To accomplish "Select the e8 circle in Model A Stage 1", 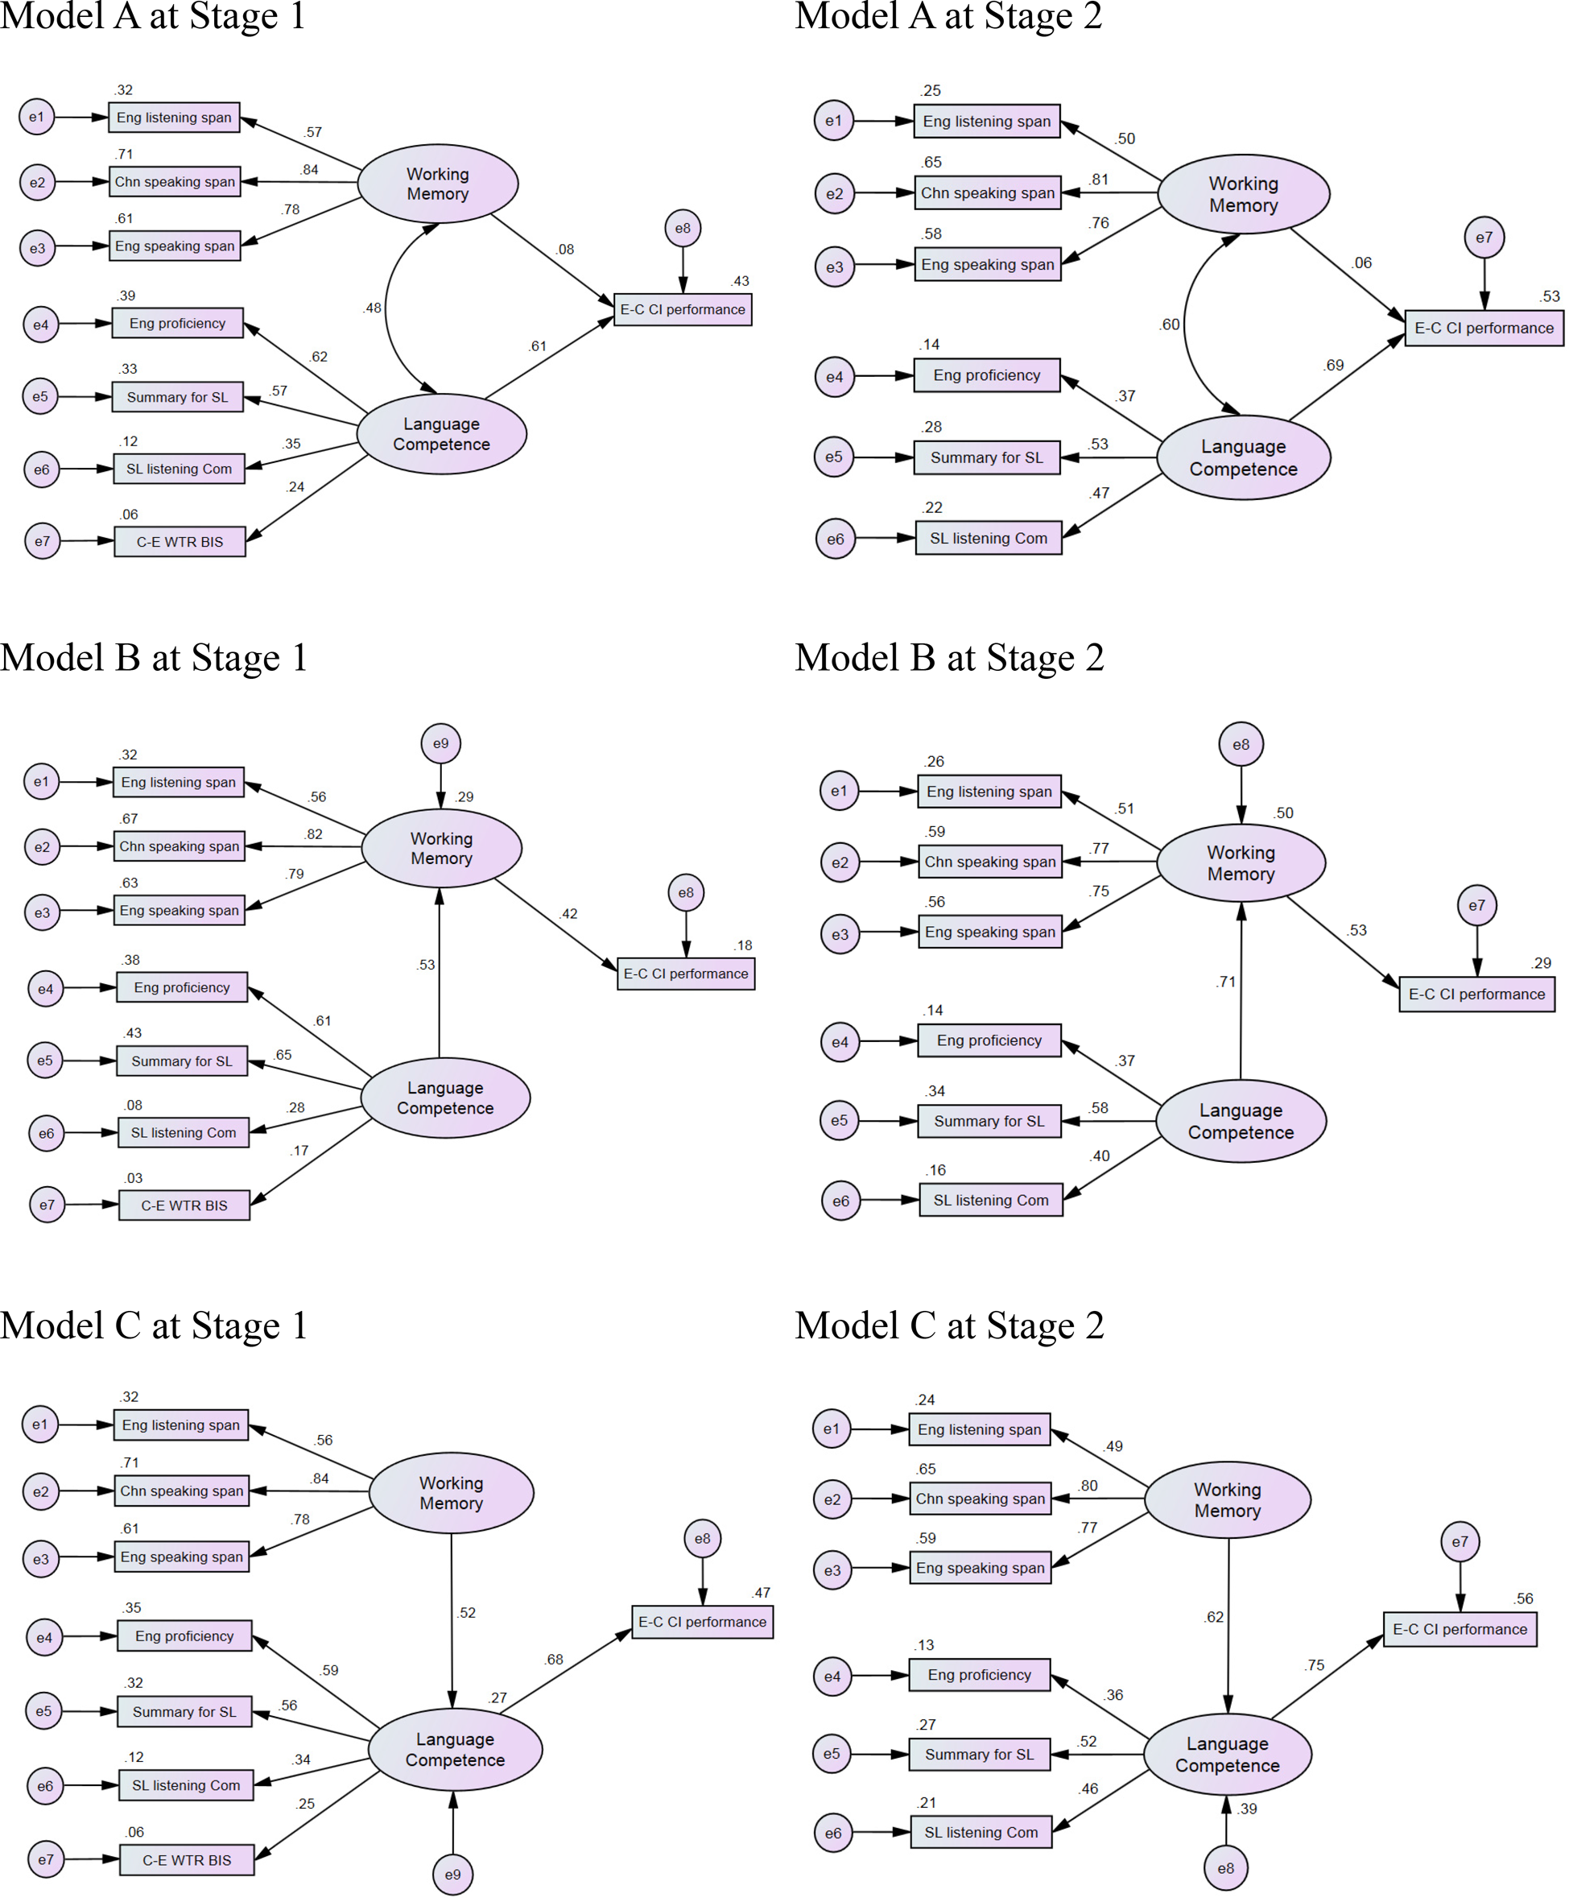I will [x=683, y=229].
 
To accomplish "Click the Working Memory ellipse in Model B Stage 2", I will [x=1240, y=863].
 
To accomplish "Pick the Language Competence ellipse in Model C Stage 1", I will [x=455, y=1749].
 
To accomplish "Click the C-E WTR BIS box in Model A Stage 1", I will [x=180, y=541].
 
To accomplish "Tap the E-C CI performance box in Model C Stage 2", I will [x=1459, y=1629].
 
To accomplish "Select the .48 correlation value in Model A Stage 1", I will [x=373, y=308].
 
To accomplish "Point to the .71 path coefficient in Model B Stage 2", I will [x=1225, y=982].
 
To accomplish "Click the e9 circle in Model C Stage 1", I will [x=452, y=1874].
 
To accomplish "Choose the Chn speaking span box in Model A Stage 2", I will [x=987, y=192].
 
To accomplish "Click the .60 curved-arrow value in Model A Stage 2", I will [x=1170, y=325].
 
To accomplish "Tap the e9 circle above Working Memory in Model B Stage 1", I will [x=440, y=743].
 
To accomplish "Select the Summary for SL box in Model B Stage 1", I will [x=182, y=1061].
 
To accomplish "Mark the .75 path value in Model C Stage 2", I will [x=1315, y=1664].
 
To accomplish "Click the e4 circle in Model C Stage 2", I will [x=832, y=1677].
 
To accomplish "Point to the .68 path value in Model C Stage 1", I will [x=554, y=1660].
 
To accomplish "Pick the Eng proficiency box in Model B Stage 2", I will [x=989, y=1040].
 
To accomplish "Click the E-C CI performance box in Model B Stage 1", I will [x=685, y=974].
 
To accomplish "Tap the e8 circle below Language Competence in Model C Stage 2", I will [x=1225, y=1868].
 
